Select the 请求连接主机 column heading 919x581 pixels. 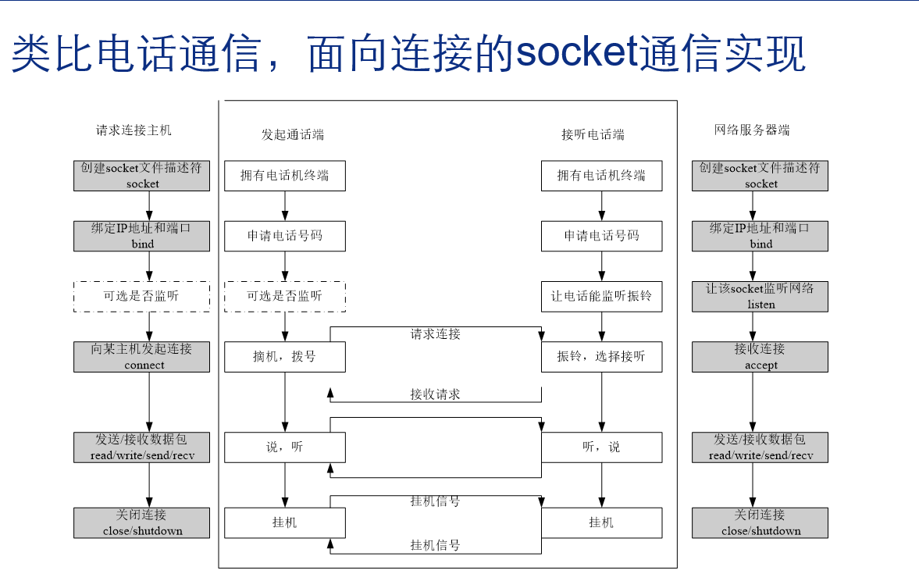tap(134, 130)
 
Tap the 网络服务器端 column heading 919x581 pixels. tap(752, 130)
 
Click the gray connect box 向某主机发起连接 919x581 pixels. tap(142, 356)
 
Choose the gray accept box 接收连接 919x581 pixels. tap(760, 356)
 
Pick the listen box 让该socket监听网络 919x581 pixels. tap(760, 296)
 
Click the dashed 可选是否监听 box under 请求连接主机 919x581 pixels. tap(142, 296)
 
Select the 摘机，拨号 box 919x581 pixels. tap(284, 356)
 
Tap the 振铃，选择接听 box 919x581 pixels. tap(601, 356)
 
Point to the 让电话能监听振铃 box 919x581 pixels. tap(601, 296)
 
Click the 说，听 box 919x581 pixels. tap(284, 447)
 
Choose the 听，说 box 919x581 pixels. tap(601, 447)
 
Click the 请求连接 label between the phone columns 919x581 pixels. tap(436, 334)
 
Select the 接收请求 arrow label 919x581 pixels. tap(436, 394)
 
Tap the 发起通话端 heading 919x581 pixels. tap(292, 134)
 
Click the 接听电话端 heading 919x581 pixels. tap(593, 134)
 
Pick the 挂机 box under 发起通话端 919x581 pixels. tap(284, 522)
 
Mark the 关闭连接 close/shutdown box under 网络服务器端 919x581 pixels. tap(760, 522)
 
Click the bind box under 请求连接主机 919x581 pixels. tap(142, 236)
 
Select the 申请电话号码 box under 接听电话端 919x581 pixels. tap(601, 236)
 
